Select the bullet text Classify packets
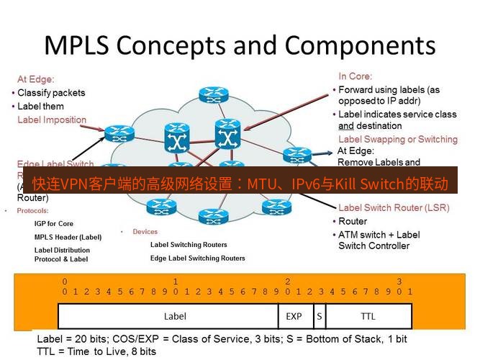50,93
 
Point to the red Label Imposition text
52,120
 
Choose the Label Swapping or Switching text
397,139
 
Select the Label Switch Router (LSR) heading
393,208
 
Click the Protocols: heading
32,211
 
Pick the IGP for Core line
54,224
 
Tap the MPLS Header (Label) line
68,237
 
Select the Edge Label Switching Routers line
197,258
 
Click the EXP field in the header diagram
294,316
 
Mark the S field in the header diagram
318,316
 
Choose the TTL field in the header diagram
368,316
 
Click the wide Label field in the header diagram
175,316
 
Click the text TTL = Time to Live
96,351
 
